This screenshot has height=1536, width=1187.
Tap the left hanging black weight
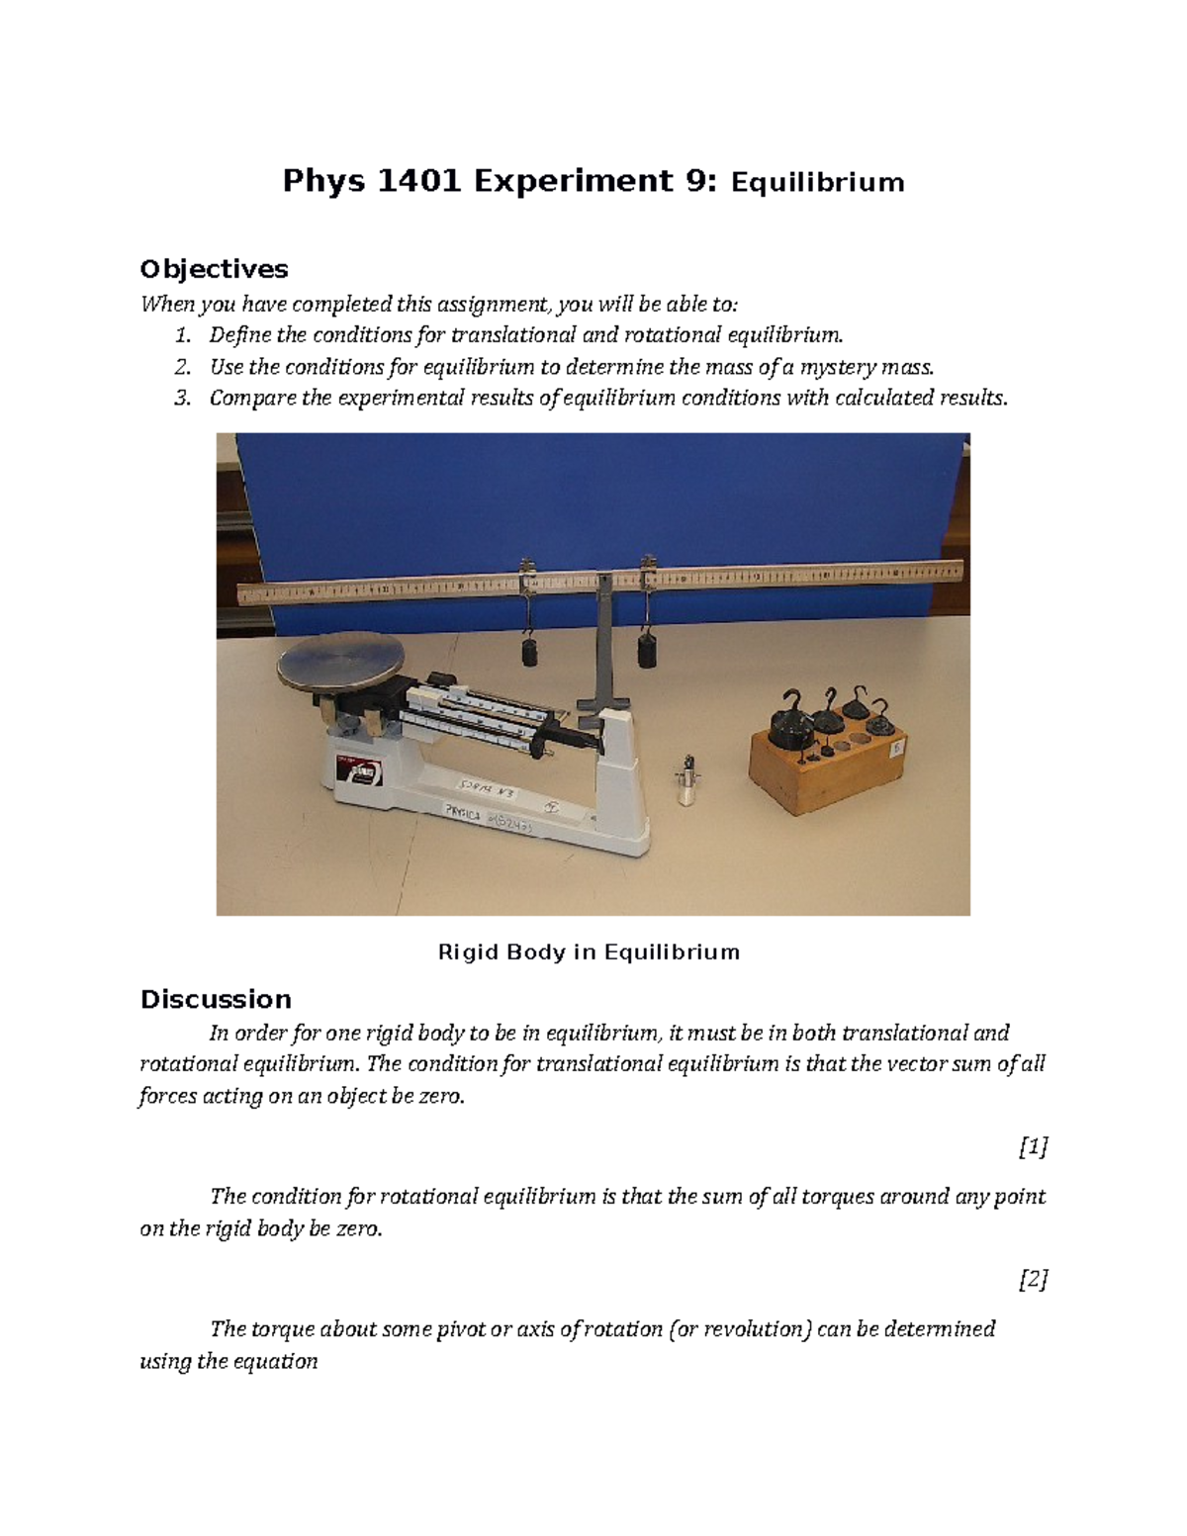529,653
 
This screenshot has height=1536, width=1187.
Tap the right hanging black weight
648,653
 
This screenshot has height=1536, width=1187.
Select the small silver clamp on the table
683,781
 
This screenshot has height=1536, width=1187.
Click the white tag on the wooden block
898,749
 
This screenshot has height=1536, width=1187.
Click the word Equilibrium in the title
817,183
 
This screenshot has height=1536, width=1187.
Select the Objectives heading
214,269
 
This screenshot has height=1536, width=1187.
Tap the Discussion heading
216,999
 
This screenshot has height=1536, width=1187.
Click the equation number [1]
1032,1147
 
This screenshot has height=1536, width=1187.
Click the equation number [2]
1032,1280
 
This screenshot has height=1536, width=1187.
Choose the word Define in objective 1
237,335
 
